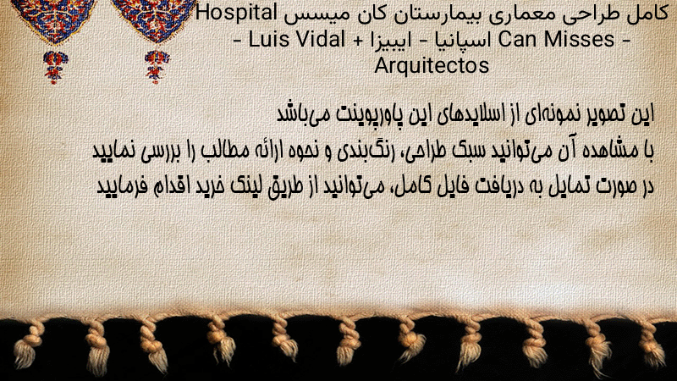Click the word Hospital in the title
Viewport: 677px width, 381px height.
pyautogui.click(x=237, y=14)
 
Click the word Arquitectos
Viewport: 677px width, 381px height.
pyautogui.click(x=432, y=66)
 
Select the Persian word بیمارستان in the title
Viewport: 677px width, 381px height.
pyautogui.click(x=439, y=14)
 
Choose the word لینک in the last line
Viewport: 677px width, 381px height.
pyautogui.click(x=244, y=186)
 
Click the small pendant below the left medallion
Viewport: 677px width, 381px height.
pyautogui.click(x=55, y=67)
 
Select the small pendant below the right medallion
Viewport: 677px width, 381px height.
pyautogui.click(x=157, y=67)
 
